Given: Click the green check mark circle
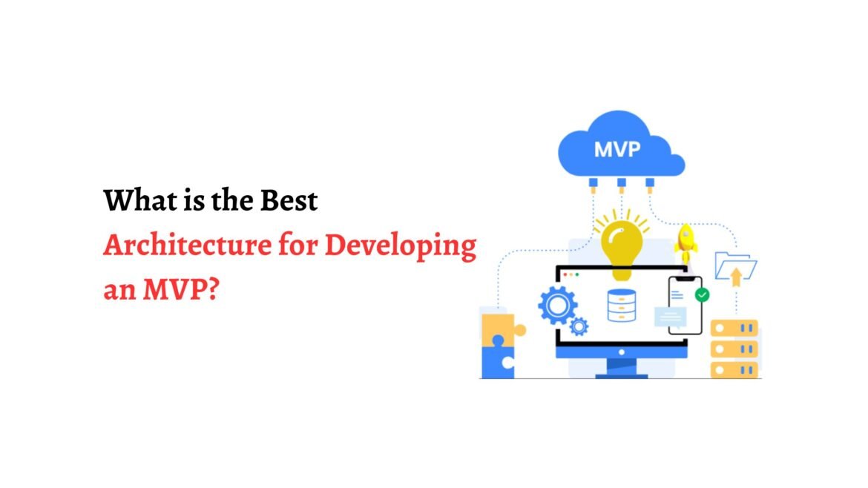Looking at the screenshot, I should click(x=702, y=295).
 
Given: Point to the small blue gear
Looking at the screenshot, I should click(x=579, y=326).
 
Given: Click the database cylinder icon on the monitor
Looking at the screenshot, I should click(x=622, y=304).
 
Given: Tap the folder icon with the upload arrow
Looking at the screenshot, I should click(x=735, y=267).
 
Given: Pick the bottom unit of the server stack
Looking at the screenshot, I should click(x=734, y=369).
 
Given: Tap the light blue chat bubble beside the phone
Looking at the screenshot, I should click(x=671, y=317).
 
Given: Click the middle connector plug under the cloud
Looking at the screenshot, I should click(x=622, y=184).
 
